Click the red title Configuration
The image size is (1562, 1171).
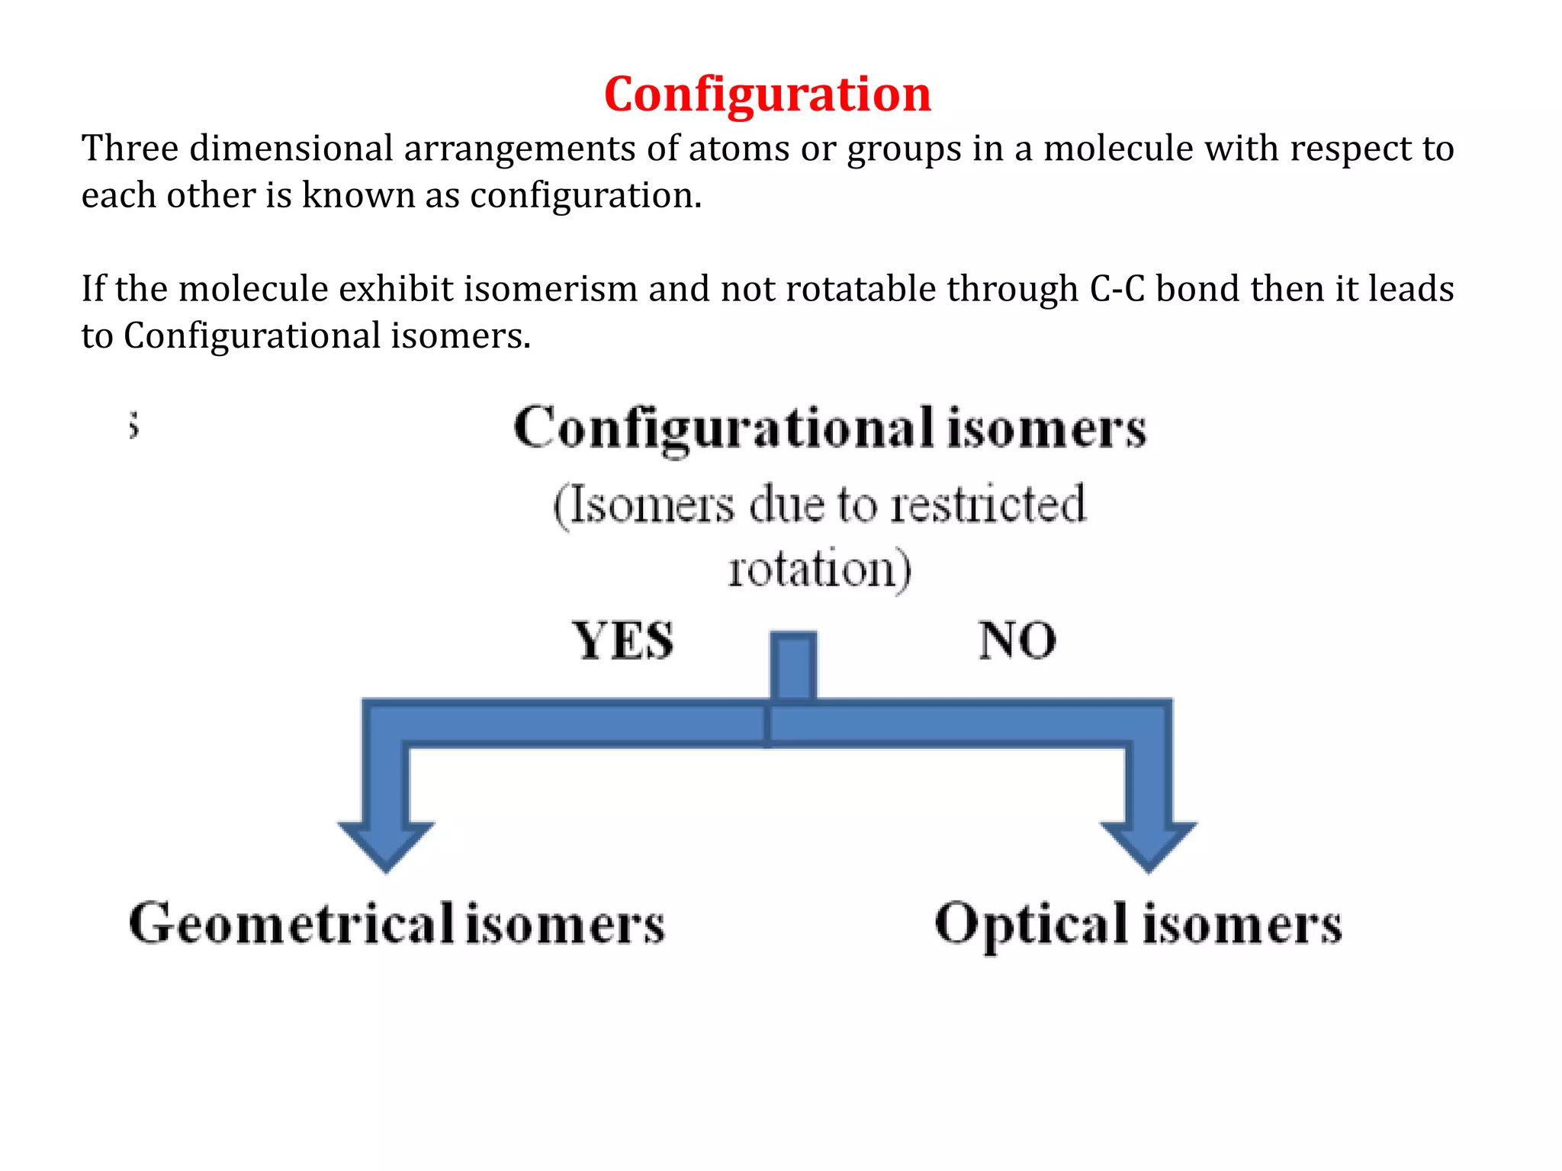tap(767, 95)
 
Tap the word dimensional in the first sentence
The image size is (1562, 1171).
tap(291, 148)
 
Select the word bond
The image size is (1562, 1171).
tap(1197, 289)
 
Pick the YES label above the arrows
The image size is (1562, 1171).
tap(623, 640)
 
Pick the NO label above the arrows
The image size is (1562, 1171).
tap(1017, 640)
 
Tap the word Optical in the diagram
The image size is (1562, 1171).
tap(1031, 924)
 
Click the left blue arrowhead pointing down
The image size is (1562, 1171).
tap(386, 842)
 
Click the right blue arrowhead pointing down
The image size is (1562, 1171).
tap(1149, 842)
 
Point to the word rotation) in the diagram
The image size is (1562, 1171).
tap(819, 569)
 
